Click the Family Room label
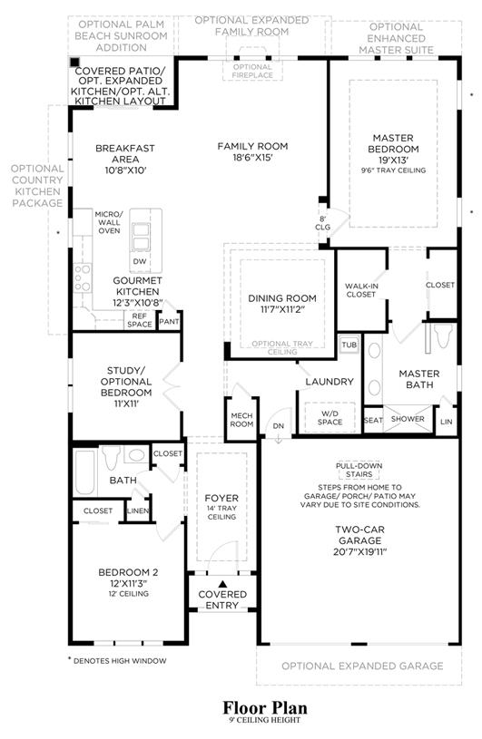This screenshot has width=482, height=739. coord(252,147)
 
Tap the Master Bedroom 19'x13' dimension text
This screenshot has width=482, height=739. coord(393,160)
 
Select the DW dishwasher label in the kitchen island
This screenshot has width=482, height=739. coord(140,261)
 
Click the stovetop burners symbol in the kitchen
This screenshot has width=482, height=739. coord(83,277)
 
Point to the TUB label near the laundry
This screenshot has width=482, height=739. coord(349,345)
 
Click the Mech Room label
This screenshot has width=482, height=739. coord(241,420)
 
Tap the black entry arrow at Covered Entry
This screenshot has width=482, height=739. coord(222,584)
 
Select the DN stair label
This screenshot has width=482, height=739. coord(279,426)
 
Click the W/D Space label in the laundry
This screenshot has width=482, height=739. coord(330,418)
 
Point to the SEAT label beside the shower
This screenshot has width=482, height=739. coord(373,420)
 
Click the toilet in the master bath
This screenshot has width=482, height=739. coord(443,335)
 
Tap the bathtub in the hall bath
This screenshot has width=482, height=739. coord(85,472)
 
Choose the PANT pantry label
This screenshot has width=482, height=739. coord(169,322)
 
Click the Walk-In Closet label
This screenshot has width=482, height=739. coord(360,290)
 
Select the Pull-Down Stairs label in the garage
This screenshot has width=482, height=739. coord(359,470)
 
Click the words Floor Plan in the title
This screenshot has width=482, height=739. coord(265,707)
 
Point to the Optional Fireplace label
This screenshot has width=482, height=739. coord(252,71)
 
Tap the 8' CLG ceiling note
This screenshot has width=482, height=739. coord(322,223)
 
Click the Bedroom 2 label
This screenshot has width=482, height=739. coord(128,572)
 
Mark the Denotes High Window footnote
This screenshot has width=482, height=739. coord(117,661)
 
